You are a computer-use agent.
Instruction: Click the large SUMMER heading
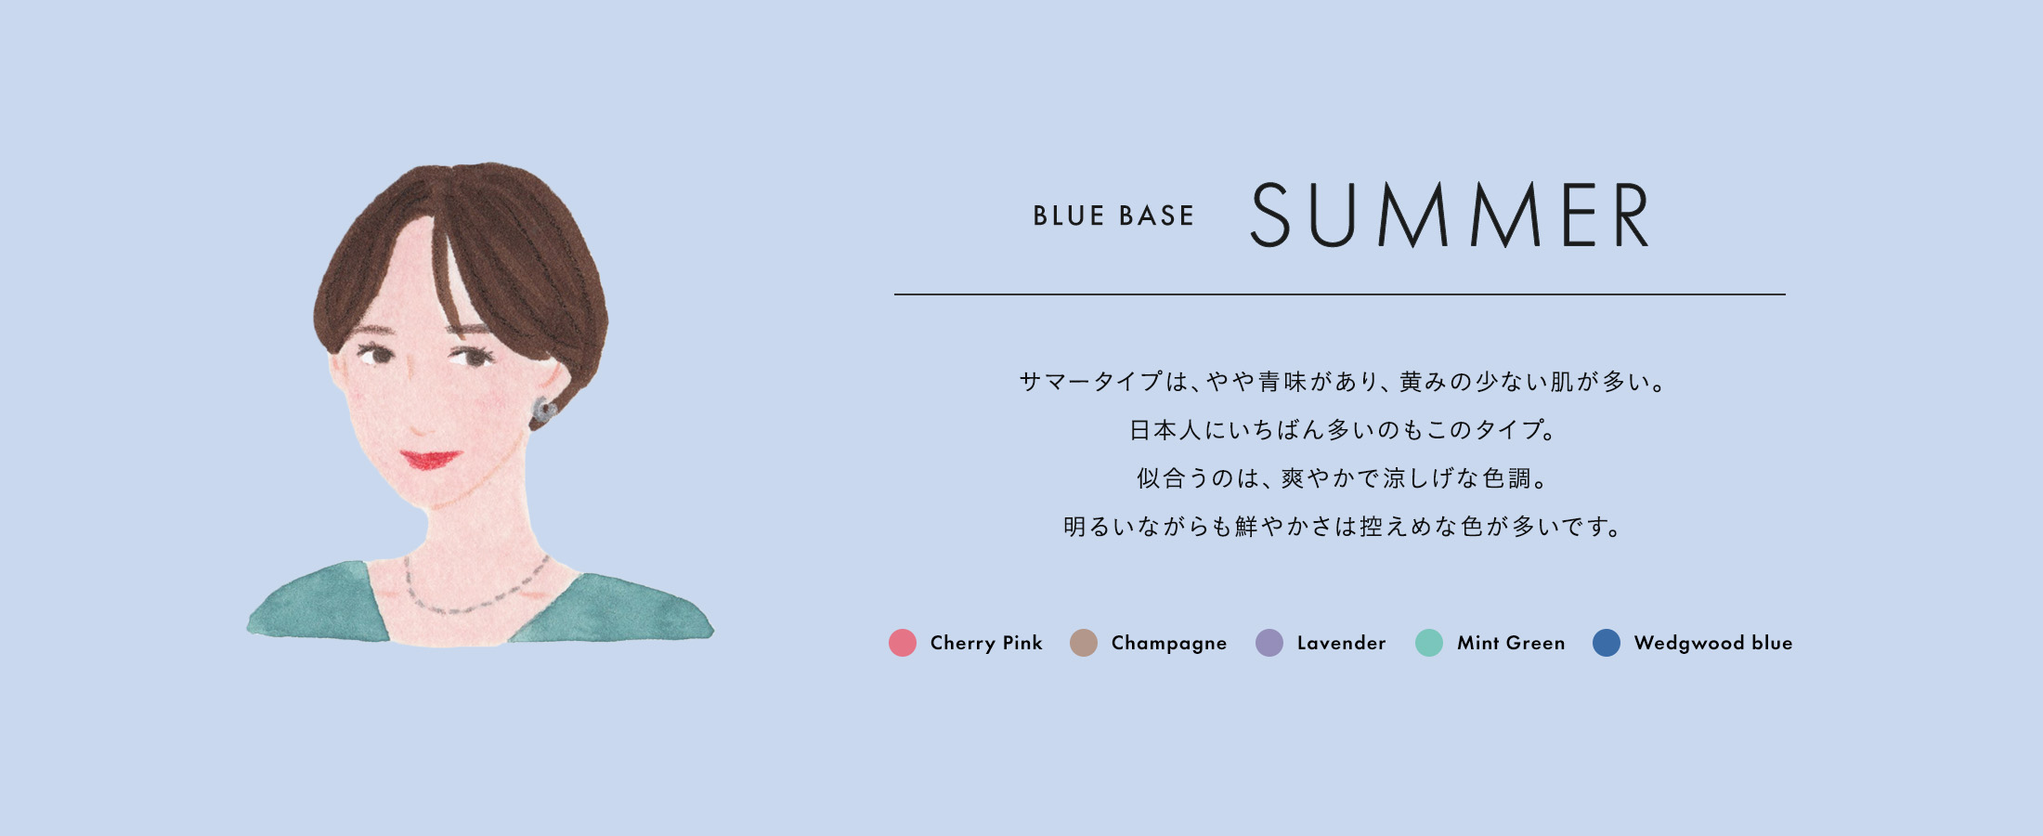[x=1450, y=215]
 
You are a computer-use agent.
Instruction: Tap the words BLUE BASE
[x=1113, y=216]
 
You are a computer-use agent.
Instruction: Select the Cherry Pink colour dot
[x=903, y=643]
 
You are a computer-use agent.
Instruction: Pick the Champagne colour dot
[x=1084, y=643]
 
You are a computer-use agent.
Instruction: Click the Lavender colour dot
[x=1269, y=643]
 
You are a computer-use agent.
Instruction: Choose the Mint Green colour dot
[x=1429, y=643]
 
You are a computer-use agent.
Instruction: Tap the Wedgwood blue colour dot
[x=1607, y=643]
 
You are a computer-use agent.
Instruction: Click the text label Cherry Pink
[x=986, y=643]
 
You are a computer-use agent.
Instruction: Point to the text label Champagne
[x=1169, y=644]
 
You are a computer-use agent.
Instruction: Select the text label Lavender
[x=1341, y=643]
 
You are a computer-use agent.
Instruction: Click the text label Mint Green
[x=1511, y=643]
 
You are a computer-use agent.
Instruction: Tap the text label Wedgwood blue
[x=1713, y=644]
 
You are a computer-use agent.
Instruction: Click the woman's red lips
[x=430, y=459]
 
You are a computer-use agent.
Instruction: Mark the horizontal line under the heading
[x=1339, y=294]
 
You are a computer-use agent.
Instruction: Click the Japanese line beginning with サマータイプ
[x=1342, y=382]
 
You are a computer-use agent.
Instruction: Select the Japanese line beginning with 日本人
[x=1342, y=430]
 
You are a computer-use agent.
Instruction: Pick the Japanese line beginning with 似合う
[x=1342, y=478]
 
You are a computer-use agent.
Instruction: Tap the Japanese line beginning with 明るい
[x=1342, y=527]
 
